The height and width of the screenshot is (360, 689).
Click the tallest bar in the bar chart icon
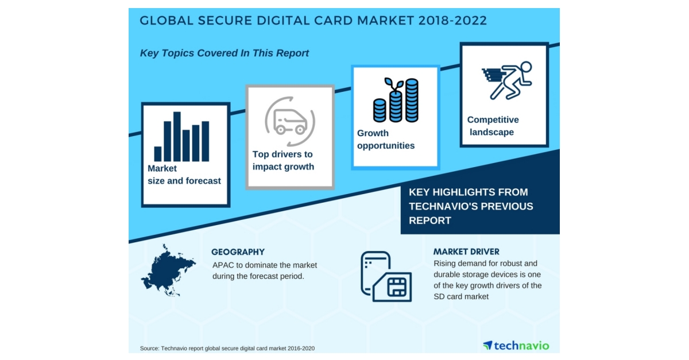pos(177,137)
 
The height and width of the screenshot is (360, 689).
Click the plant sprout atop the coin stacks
pos(396,83)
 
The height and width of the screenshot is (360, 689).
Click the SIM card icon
pos(392,287)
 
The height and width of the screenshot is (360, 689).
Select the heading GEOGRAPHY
pos(238,251)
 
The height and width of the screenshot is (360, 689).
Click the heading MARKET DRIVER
pos(466,251)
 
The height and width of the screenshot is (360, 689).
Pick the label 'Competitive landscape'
pos(493,126)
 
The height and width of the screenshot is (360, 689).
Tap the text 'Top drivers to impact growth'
pos(283,161)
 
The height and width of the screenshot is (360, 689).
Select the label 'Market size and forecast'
pos(184,175)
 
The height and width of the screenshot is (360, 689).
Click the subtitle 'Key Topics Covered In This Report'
pos(224,53)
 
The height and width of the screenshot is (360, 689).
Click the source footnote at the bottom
pos(227,348)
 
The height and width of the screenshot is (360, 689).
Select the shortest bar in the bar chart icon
pos(158,154)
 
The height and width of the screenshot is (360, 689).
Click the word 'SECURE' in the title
pos(216,21)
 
